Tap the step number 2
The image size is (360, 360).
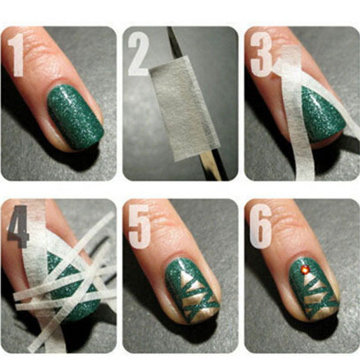click(x=138, y=54)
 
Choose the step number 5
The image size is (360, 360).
click(x=139, y=227)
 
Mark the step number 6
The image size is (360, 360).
click(x=261, y=227)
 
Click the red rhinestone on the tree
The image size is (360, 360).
click(x=305, y=269)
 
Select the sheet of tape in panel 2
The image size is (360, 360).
click(x=184, y=108)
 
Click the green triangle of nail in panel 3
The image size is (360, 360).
click(x=321, y=115)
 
